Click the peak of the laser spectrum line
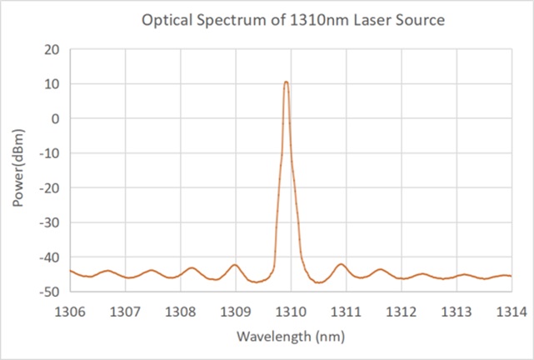tap(286, 82)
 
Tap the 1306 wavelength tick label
tap(70, 312)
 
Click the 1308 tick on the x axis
tap(180, 312)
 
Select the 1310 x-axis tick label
tap(291, 312)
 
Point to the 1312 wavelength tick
tap(401, 312)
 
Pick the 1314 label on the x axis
tap(511, 312)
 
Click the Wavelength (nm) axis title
tap(290, 337)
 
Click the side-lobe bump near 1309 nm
tap(235, 265)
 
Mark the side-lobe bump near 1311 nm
tap(341, 264)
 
